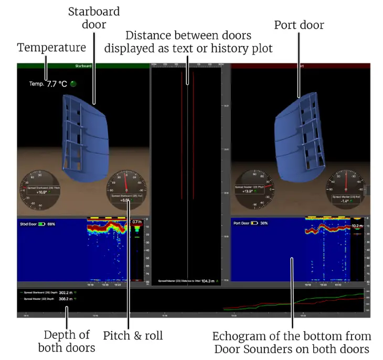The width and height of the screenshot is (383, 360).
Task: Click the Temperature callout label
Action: point(51,48)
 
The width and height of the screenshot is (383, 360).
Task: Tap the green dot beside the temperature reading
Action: point(73,83)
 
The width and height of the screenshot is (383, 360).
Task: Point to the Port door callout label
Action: point(299,25)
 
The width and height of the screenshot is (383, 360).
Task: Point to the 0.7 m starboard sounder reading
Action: point(137,222)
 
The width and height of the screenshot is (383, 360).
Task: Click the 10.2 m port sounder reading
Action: point(357,226)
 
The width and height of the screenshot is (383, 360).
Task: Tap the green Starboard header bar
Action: point(83,66)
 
